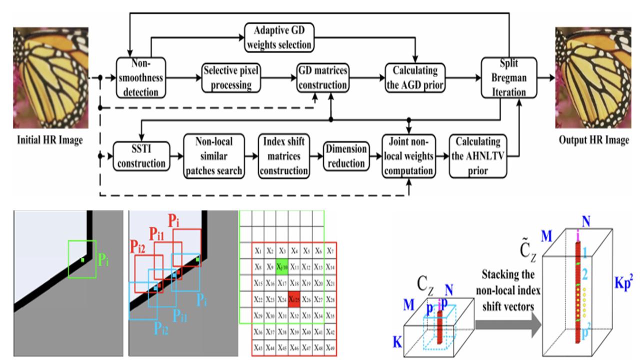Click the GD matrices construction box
322,77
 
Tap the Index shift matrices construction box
283,155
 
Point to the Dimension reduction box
345,155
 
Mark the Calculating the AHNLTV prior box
477,155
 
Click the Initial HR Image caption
48,140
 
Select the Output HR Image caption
593,140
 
